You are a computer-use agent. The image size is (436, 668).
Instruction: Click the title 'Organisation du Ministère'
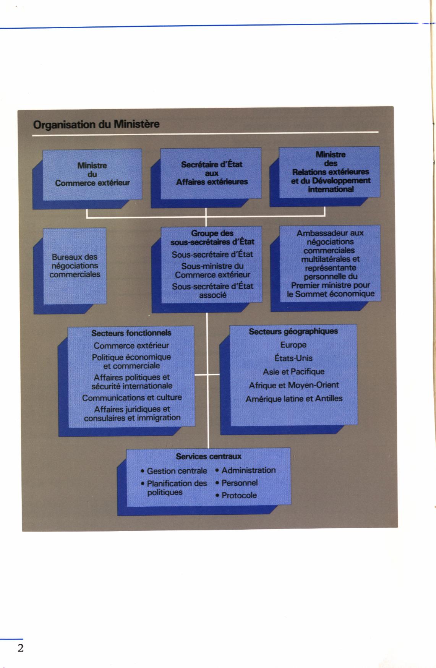tap(96, 125)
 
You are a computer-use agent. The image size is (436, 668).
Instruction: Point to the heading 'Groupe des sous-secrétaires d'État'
tap(212, 237)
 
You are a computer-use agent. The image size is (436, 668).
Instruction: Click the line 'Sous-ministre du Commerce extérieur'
tap(212, 270)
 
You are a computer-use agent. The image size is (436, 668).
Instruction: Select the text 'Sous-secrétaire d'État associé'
tap(212, 290)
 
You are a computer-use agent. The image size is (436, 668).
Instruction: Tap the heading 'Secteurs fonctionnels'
tap(131, 333)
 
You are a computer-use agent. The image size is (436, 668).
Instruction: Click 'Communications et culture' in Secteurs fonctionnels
tap(132, 397)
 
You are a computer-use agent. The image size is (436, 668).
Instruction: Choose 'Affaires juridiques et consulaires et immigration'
tap(132, 413)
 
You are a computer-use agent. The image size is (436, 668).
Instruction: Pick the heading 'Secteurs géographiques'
tap(293, 331)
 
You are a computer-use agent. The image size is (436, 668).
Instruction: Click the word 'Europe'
tap(293, 345)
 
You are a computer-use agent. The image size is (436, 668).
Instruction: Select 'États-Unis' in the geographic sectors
tap(293, 358)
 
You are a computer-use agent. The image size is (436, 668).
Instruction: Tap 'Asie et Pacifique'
tap(293, 371)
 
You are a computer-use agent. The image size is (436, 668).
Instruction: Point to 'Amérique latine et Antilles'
tap(294, 399)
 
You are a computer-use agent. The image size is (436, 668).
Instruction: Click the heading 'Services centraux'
tap(209, 456)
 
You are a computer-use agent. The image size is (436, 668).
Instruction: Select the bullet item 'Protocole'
tap(236, 495)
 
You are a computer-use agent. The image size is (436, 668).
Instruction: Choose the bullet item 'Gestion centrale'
tap(174, 471)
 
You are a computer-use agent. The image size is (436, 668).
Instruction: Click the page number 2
tap(20, 648)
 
